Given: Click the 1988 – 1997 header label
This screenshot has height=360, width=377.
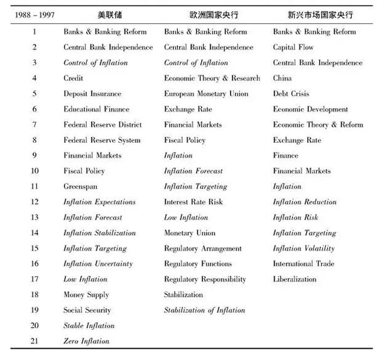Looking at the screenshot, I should tap(29, 14).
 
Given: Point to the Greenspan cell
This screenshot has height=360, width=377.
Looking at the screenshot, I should tap(80, 187).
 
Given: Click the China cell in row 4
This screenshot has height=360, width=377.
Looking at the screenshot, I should tap(282, 79).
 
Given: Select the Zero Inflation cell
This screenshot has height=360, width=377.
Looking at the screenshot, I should tap(86, 341).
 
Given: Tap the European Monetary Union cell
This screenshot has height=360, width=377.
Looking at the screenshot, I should tap(206, 94).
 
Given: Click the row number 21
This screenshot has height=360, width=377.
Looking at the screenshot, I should tap(34, 341).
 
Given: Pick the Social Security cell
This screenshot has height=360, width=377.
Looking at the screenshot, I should tap(87, 310).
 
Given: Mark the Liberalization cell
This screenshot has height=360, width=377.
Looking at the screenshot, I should tap(295, 279).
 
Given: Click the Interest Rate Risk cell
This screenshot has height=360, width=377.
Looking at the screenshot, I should tap(194, 202).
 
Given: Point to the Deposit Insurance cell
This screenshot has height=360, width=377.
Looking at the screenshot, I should tap(92, 94).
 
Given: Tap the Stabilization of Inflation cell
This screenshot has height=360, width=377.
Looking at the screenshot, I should tap(204, 310).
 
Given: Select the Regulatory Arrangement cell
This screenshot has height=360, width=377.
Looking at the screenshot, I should tap(203, 248).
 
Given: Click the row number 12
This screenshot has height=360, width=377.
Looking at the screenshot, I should tap(34, 202).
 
